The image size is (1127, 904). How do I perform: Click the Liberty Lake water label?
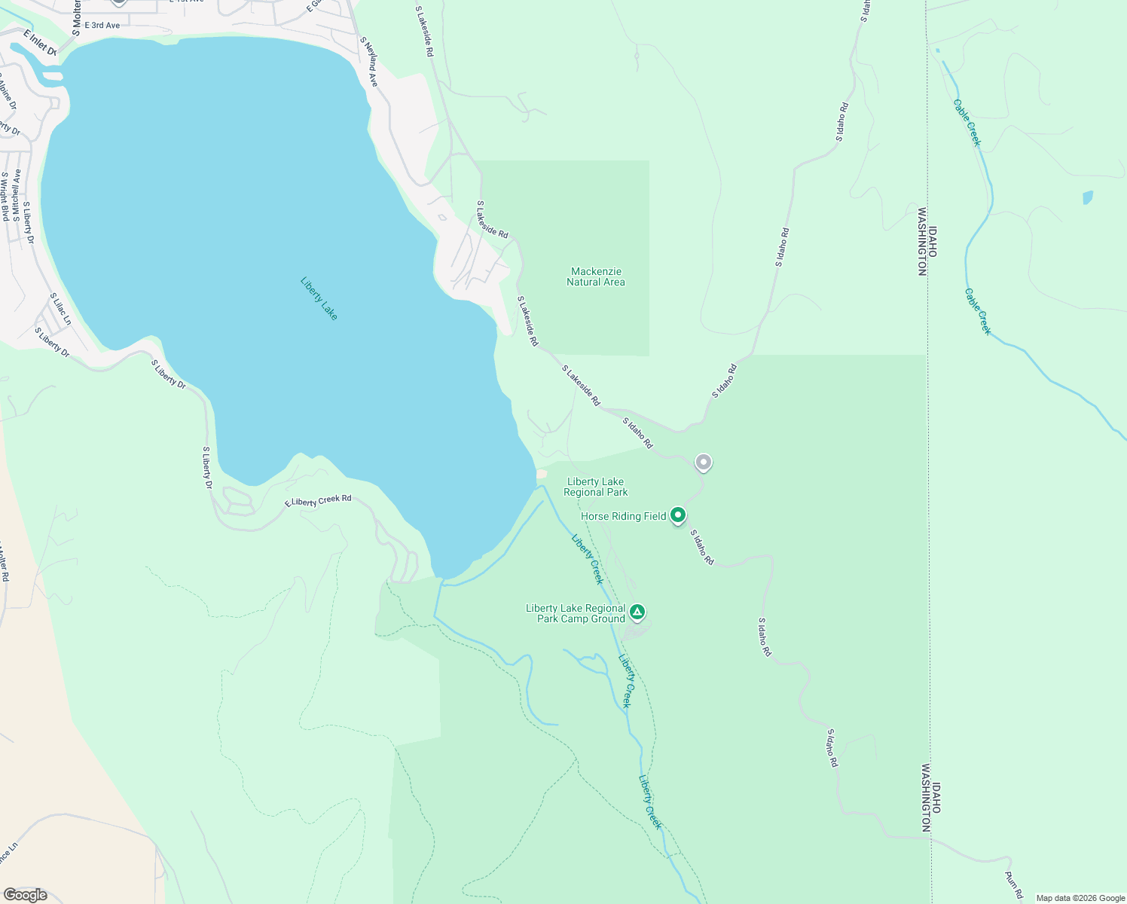coord(319,298)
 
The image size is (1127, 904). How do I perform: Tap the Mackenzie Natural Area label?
coord(596,276)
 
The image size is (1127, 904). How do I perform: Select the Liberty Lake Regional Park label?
coord(596,487)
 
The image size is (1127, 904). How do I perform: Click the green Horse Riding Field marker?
coord(678,515)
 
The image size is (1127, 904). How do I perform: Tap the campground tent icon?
coord(637,612)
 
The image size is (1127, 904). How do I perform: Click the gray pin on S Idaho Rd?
coord(703,462)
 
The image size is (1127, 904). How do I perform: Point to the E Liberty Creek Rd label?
coord(318,501)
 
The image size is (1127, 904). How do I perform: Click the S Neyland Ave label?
coord(368,62)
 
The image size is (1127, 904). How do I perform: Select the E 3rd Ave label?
coord(102,26)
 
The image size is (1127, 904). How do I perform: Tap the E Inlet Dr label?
coord(40,43)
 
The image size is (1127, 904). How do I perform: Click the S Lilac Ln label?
coord(60,309)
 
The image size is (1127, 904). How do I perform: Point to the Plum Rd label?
coord(1014,884)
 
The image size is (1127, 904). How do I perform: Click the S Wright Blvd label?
coord(5,196)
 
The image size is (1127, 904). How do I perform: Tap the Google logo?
coord(26,895)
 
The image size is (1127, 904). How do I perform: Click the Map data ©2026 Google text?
coord(1080,898)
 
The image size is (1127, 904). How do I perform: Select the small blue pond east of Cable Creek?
coord(1087,197)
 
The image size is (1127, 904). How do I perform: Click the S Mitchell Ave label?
coord(17,194)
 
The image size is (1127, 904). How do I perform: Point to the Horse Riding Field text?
coord(623,516)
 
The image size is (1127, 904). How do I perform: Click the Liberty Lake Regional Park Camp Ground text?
coord(576,613)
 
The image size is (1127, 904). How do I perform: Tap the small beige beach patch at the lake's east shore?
coord(541,474)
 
